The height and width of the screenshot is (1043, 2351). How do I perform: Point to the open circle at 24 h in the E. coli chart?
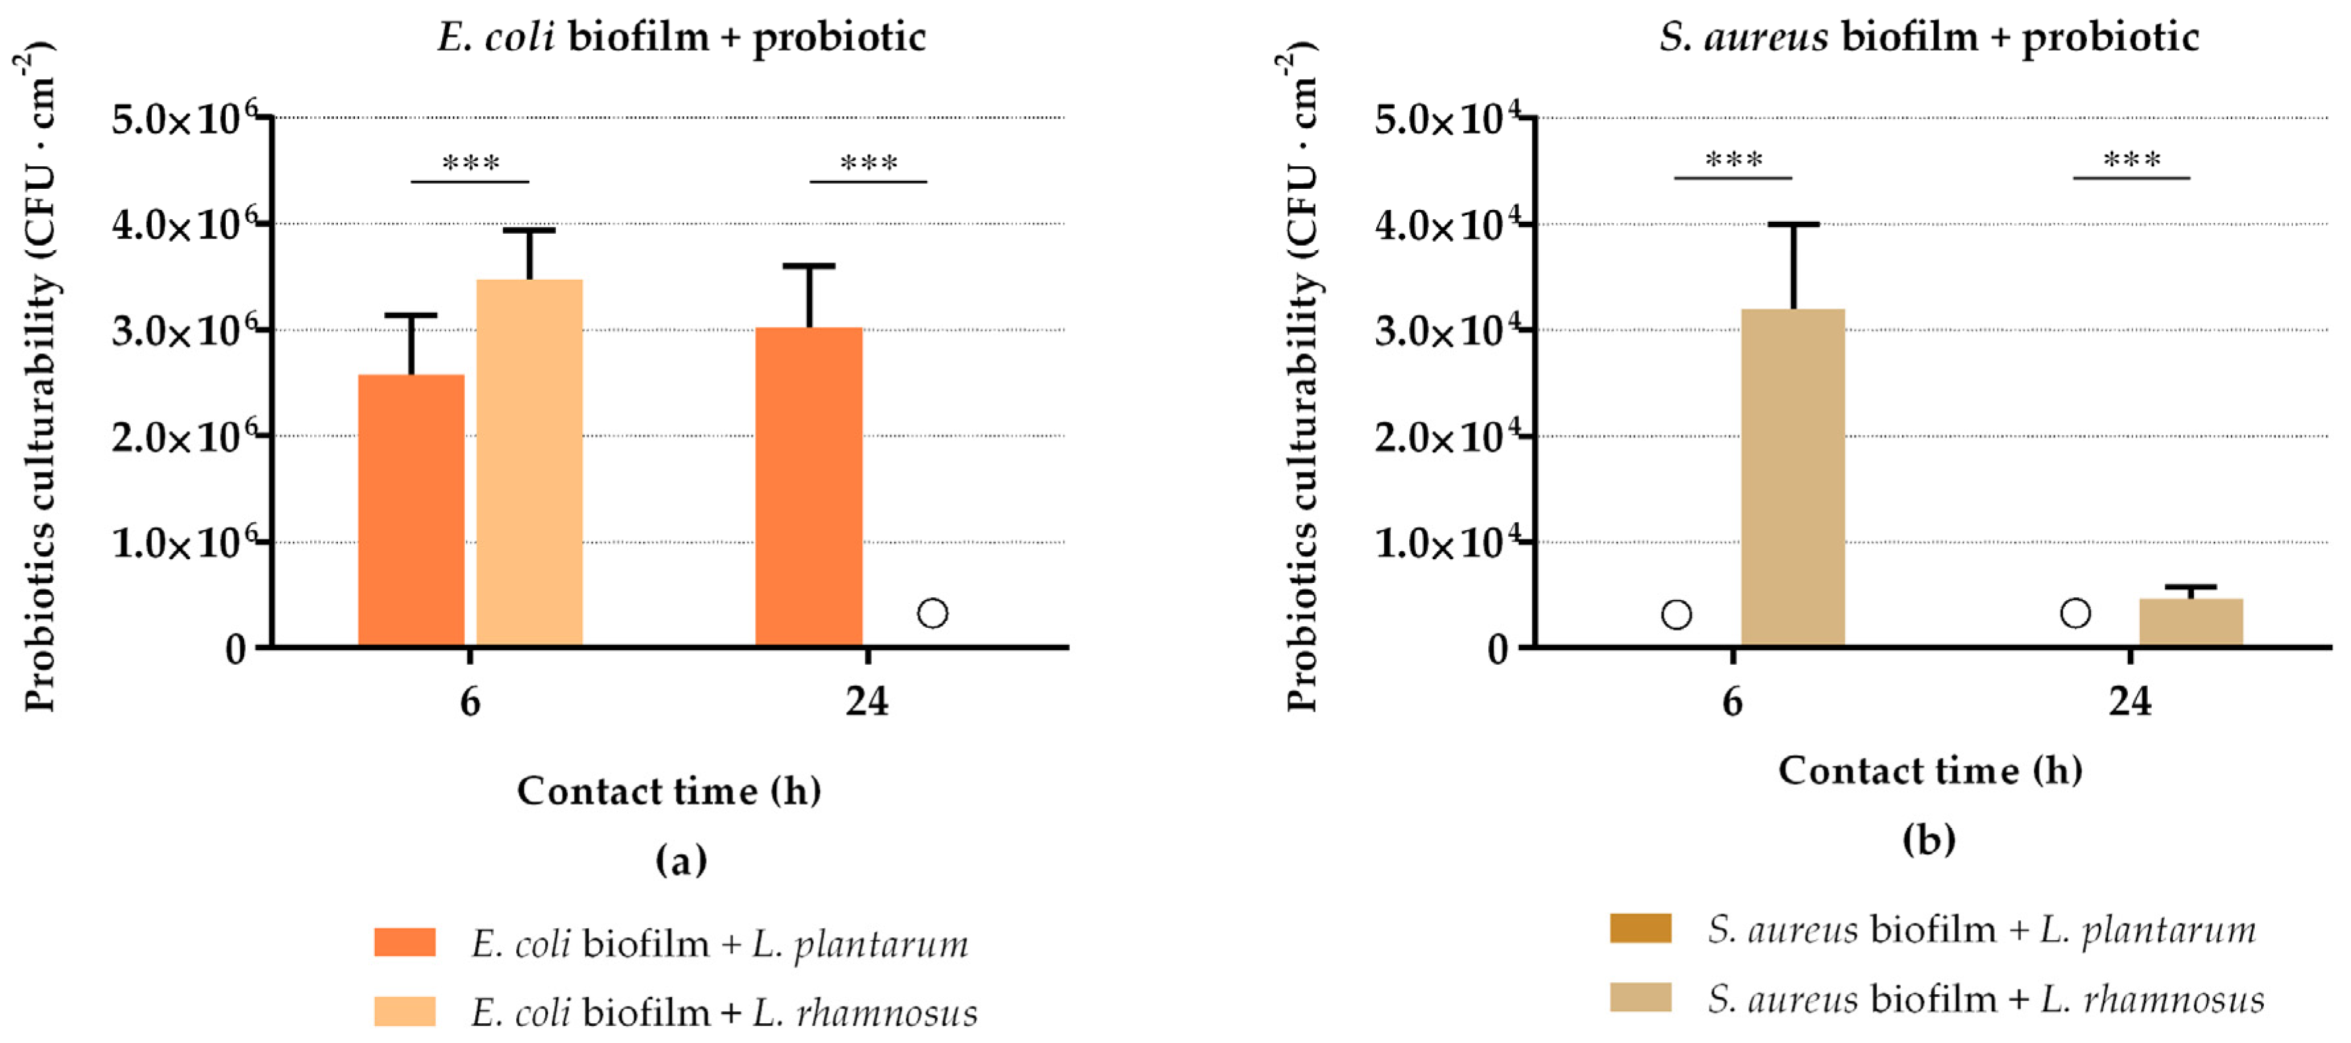(932, 613)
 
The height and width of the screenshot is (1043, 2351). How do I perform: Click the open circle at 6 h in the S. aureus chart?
(1676, 614)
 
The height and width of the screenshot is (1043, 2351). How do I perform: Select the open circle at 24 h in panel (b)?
(2075, 613)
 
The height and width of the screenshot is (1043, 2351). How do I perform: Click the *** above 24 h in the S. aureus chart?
(2131, 160)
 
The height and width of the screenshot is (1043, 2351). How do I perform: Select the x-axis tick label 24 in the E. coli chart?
(866, 701)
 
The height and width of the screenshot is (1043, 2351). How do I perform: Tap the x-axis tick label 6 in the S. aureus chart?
(1731, 701)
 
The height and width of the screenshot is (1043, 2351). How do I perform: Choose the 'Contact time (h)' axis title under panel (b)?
(1929, 770)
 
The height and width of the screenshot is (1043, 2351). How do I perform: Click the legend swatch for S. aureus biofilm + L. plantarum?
(1640, 928)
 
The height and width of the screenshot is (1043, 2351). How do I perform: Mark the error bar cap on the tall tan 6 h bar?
(1793, 224)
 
